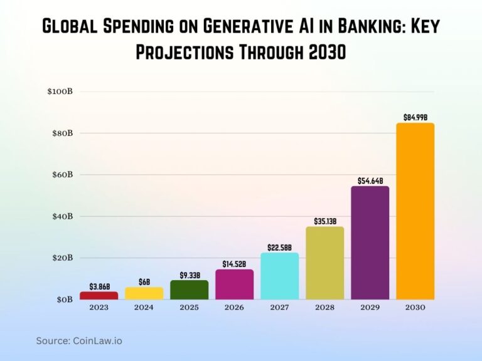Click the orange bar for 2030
(415, 211)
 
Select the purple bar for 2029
(370, 243)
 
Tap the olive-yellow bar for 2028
(324, 263)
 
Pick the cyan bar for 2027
(279, 276)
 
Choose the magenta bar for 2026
(234, 285)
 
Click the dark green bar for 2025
(189, 290)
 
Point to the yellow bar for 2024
(144, 293)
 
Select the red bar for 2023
(99, 295)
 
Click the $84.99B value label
(415, 117)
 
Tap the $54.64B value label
(370, 180)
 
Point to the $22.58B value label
(279, 247)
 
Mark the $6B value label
(144, 282)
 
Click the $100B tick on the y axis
(60, 92)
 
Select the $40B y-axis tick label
(62, 216)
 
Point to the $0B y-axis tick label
(64, 300)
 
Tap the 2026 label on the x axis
(234, 308)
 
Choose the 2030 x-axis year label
(415, 308)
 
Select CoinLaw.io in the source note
(97, 341)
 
